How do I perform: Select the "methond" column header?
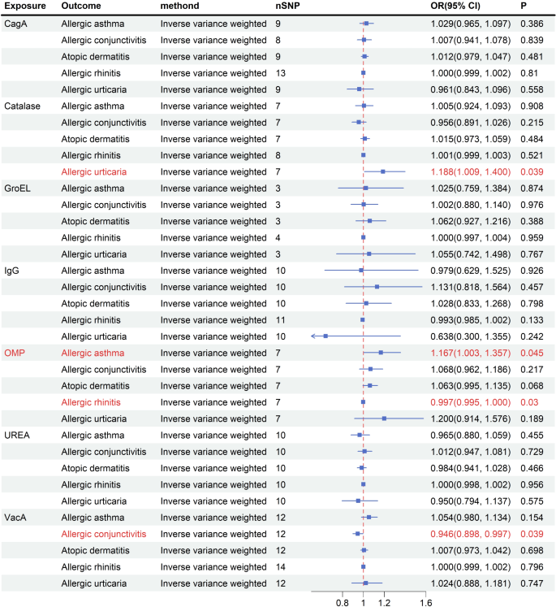click(x=182, y=7)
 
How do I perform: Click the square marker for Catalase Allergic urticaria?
click(x=383, y=171)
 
